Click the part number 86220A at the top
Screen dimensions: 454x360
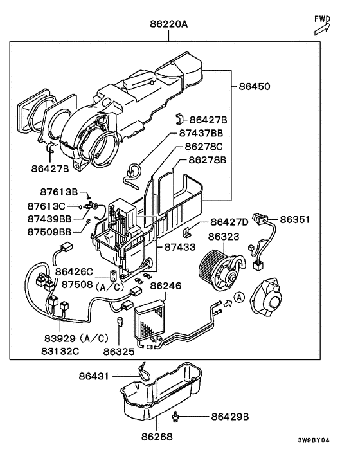[x=168, y=26]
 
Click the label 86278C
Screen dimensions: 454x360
[x=206, y=147]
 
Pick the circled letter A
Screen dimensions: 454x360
[x=239, y=298]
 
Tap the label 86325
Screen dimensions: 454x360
[x=120, y=352]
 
